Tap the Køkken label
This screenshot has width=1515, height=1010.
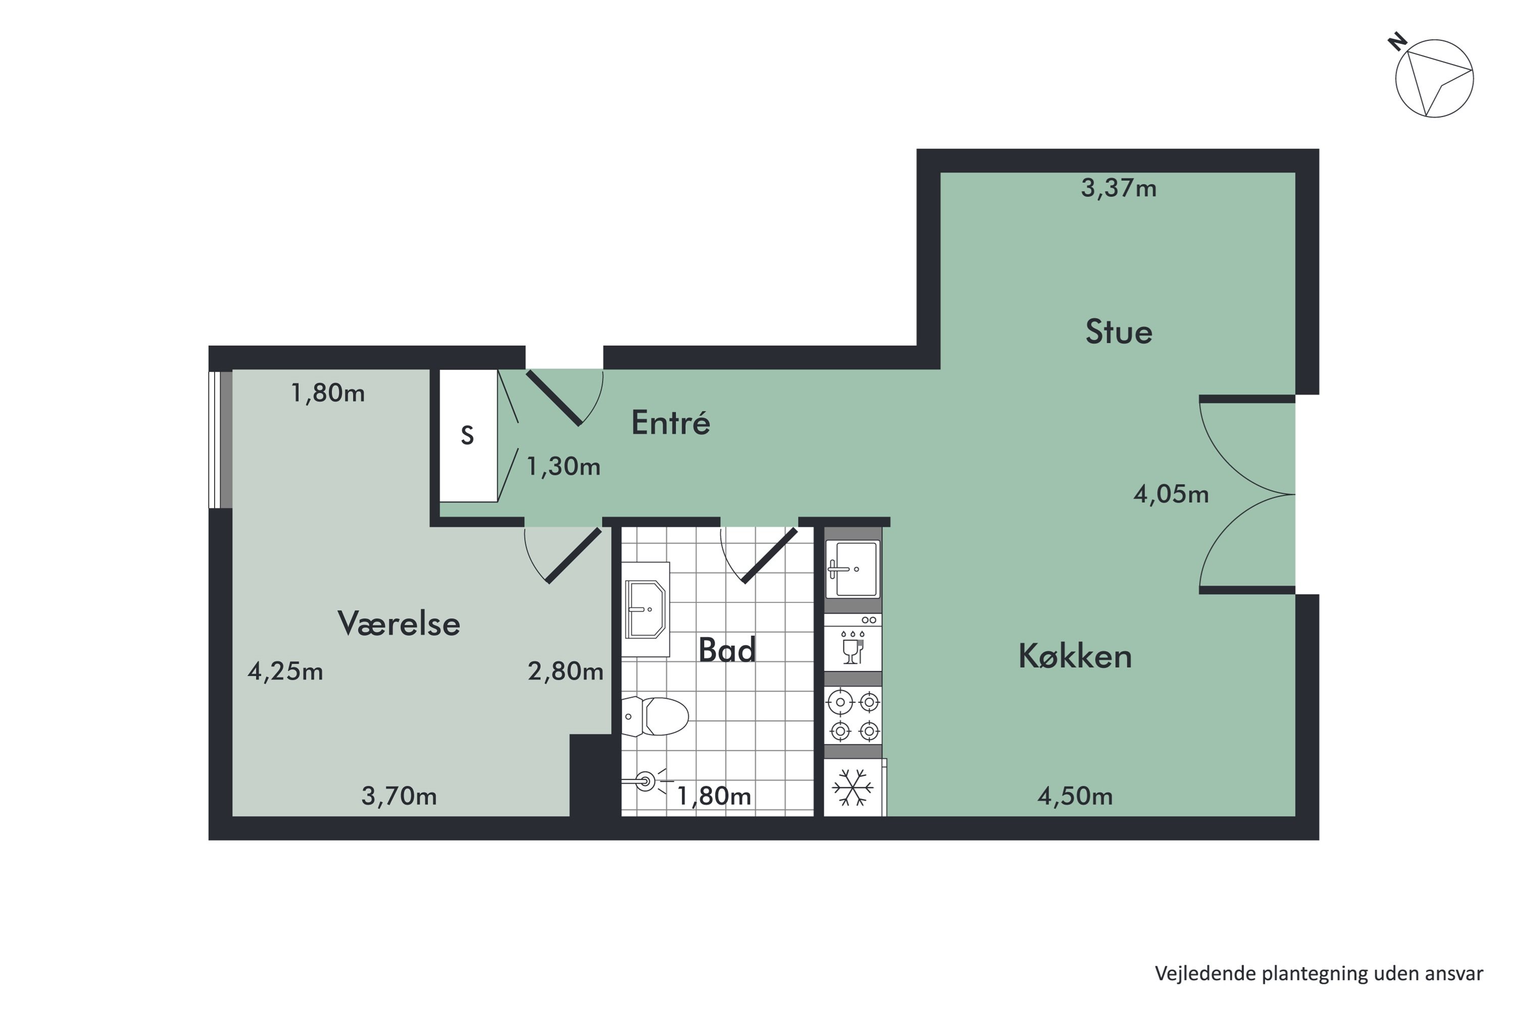pyautogui.click(x=1075, y=657)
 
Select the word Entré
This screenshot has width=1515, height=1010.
pyautogui.click(x=670, y=423)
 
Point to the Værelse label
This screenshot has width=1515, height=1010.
pyautogui.click(x=399, y=624)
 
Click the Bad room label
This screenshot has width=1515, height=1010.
pyautogui.click(x=727, y=650)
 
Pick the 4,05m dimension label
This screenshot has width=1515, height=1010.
pyautogui.click(x=1171, y=494)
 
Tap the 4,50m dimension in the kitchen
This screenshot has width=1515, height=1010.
pyautogui.click(x=1075, y=796)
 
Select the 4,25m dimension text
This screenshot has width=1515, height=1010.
pyautogui.click(x=285, y=672)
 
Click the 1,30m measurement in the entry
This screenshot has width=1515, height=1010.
pyautogui.click(x=563, y=466)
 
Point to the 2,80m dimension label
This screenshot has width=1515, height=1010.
pyautogui.click(x=565, y=672)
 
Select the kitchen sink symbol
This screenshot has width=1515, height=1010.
pyautogui.click(x=853, y=569)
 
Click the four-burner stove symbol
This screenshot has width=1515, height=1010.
pyautogui.click(x=853, y=716)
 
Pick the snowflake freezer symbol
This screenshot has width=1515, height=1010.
pyautogui.click(x=852, y=788)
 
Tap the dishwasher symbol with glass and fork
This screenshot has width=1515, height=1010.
pyautogui.click(x=852, y=644)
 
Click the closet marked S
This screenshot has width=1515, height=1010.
pyautogui.click(x=468, y=436)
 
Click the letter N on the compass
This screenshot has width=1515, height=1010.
pyautogui.click(x=1396, y=43)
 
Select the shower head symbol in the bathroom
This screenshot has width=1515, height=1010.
pyautogui.click(x=645, y=782)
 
